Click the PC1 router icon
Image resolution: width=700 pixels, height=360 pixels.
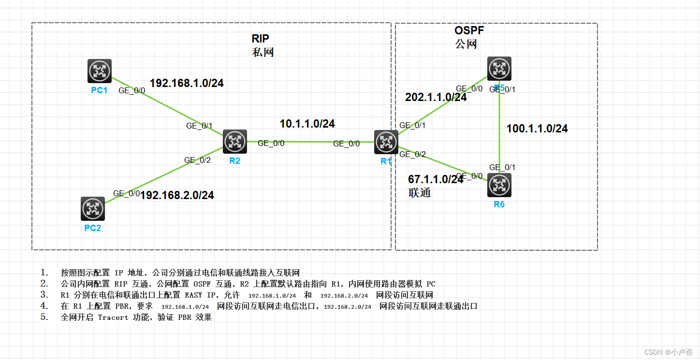pos(100,71)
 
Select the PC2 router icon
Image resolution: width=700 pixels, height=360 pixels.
pos(93,209)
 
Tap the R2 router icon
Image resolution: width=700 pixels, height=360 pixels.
pos(235,142)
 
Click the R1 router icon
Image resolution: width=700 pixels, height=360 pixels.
pos(386,142)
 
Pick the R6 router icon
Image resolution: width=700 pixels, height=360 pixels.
pos(499,185)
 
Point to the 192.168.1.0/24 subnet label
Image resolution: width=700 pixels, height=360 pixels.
pos(187,83)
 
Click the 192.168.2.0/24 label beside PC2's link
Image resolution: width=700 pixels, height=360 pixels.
pos(177,195)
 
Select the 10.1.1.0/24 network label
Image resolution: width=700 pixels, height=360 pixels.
pos(307,124)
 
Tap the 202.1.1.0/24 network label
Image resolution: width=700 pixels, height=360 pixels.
pos(436,97)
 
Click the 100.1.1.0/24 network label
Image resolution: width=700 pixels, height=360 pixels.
pos(537,129)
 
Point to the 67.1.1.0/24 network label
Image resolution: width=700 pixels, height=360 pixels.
pos(436,179)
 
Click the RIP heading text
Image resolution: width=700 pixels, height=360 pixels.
pos(260,39)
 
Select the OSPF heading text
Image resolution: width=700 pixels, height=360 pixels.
pos(469,30)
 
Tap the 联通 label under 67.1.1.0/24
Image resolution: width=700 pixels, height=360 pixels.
pos(419,192)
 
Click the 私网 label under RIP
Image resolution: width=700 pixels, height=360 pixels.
pos(263,52)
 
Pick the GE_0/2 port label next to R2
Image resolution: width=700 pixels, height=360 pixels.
pos(198,160)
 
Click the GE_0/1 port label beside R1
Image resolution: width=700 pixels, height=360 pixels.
pos(412,125)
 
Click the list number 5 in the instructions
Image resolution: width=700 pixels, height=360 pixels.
pos(44,317)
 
